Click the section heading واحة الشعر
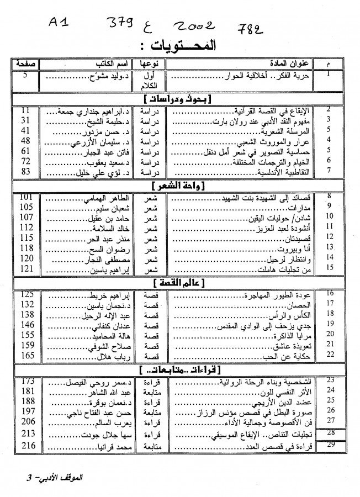(180, 187)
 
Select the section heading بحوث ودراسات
(180, 99)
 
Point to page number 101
(28, 197)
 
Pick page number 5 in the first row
(24, 72)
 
